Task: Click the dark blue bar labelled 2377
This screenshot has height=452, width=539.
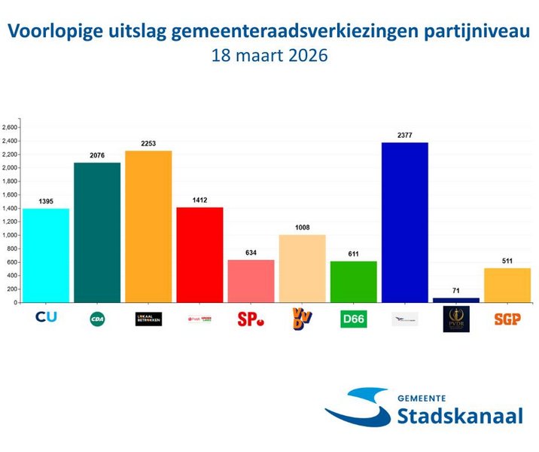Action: point(404,222)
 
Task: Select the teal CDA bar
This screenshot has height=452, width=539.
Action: point(97,232)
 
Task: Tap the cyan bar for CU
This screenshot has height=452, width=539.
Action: point(46,255)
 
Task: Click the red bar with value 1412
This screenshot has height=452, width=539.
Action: point(199,254)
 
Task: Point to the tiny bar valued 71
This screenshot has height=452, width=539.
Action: point(455,300)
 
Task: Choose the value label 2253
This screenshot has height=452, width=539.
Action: point(148,143)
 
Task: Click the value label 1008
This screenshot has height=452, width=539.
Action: point(302,227)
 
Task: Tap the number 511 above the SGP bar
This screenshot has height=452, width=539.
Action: point(507,261)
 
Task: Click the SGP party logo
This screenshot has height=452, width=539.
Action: point(507,319)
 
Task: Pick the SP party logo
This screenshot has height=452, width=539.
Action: point(251,319)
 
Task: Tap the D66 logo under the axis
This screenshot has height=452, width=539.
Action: point(353,319)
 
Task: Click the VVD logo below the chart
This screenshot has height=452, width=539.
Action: point(302,319)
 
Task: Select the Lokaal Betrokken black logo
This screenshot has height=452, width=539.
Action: point(148,319)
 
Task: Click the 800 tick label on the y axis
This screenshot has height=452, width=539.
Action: point(11,249)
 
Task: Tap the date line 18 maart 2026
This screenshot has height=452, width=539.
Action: point(269,55)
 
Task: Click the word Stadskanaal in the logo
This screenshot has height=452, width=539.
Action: point(459,416)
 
